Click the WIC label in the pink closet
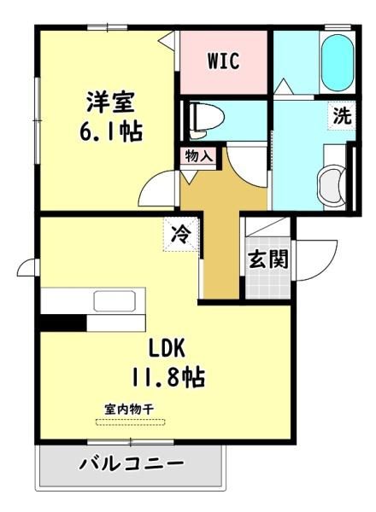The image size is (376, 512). click(223, 61)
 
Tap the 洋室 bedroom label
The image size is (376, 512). click(110, 102)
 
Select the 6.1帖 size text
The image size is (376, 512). click(111, 131)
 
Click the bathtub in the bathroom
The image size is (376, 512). click(338, 62)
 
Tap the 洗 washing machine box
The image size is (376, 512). click(342, 115)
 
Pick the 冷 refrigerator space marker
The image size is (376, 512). click(181, 234)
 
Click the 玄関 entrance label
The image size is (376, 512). click(268, 259)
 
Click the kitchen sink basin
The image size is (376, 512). click(115, 300)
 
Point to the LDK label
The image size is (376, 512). click(167, 348)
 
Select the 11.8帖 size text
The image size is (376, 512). click(168, 377)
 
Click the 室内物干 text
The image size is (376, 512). click(130, 409)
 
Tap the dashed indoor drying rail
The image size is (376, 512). click(131, 422)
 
